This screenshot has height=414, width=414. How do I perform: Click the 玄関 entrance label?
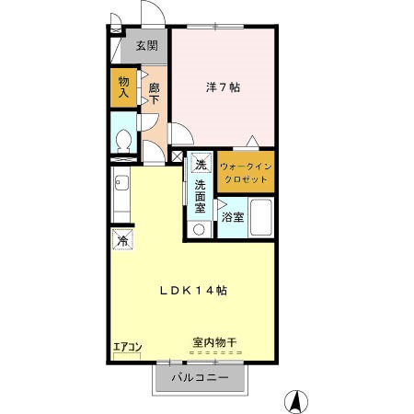[x=146, y=46]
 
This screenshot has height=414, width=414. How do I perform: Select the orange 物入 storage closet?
[x=123, y=88]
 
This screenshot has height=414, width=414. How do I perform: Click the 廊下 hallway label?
[x=155, y=93]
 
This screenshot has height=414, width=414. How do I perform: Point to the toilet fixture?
[x=122, y=140]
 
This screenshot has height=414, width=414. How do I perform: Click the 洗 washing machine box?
[x=201, y=165]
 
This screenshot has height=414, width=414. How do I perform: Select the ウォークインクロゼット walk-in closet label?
[x=245, y=172]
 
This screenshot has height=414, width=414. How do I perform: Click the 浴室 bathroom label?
[x=233, y=217]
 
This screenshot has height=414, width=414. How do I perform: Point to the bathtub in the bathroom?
[x=261, y=219]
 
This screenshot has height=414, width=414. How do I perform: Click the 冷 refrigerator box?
[x=122, y=241]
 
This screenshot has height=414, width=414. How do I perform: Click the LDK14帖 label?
[x=194, y=290]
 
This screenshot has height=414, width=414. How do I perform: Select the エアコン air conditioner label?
[x=126, y=347]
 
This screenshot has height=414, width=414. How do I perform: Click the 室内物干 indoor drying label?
[x=214, y=342]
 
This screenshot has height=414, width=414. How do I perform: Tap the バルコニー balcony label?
[x=201, y=377]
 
